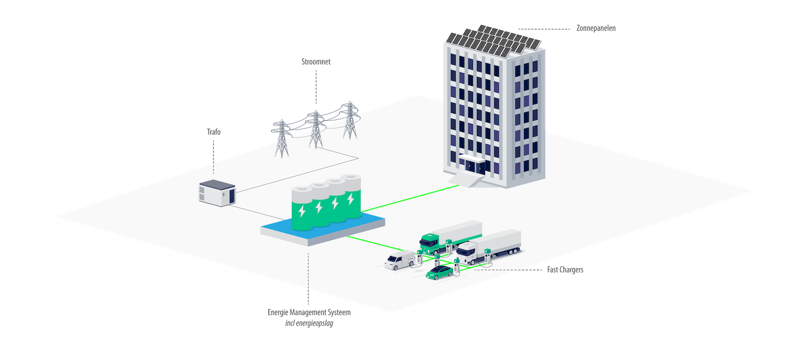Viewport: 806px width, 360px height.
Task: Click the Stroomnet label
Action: coord(316,62)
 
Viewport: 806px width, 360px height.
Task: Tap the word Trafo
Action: coord(214,131)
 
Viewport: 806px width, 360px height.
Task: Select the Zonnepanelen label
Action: coord(595,28)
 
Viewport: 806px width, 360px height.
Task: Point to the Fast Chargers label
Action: coord(564,270)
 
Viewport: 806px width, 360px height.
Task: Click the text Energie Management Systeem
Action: coord(309,312)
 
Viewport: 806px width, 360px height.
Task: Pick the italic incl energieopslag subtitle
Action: coord(309,324)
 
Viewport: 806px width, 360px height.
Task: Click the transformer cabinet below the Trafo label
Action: coord(216,192)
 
